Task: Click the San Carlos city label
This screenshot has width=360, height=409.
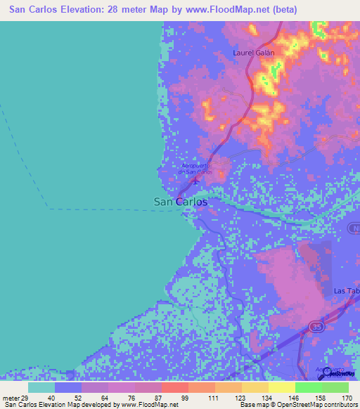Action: click(181, 202)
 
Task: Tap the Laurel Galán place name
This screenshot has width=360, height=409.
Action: click(253, 52)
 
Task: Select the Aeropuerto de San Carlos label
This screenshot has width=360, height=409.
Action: click(195, 169)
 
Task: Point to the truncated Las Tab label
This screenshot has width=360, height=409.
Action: click(346, 291)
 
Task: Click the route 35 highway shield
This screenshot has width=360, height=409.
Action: click(317, 327)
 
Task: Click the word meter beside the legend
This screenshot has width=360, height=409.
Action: click(10, 398)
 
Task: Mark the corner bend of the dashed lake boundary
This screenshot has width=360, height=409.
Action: click(48, 209)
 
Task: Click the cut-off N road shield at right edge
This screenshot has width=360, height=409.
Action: click(355, 228)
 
